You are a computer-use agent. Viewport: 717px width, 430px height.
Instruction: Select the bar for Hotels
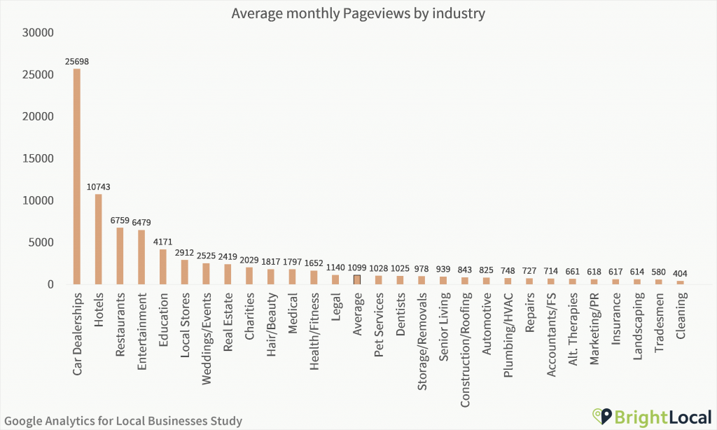coord(99,239)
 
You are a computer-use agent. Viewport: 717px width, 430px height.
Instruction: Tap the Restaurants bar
coord(120,256)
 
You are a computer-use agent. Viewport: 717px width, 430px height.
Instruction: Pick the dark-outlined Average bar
coord(357,279)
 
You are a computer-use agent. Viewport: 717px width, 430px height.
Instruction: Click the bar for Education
coord(163,267)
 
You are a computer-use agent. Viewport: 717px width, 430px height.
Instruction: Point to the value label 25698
coord(77,62)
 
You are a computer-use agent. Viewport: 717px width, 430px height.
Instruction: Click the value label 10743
coord(99,187)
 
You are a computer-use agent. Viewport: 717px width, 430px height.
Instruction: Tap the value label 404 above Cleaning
coord(680,273)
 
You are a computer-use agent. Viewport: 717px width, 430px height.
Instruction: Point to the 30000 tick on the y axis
coord(38,32)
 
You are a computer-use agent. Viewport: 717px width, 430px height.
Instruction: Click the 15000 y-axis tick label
coord(38,158)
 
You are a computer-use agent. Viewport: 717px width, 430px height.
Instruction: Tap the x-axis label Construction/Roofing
coord(465,339)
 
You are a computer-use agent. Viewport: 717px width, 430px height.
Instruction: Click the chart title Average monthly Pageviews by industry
coord(358,13)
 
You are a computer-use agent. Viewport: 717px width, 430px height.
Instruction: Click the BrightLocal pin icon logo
coord(601,417)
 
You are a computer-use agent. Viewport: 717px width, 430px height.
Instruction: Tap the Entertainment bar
coord(141,257)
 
